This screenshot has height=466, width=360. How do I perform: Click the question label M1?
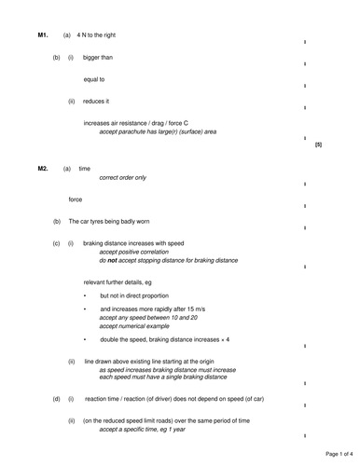42,35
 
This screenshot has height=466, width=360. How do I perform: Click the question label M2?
42,169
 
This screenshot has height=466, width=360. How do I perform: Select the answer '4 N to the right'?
100,35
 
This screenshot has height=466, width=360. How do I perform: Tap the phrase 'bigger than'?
99,58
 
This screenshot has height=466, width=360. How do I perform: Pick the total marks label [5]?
318,145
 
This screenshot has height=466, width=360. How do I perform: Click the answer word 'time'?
84,169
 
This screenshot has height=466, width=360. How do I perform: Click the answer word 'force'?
76,199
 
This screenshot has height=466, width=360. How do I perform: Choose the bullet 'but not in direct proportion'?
141,296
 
